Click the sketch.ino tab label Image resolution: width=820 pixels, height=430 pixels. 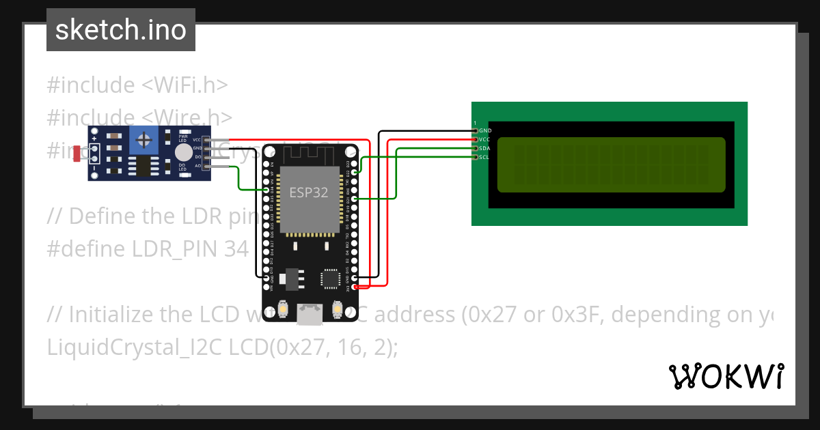click(121, 30)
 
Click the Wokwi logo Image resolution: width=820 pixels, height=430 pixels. click(726, 376)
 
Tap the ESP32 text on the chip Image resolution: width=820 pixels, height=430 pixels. click(309, 192)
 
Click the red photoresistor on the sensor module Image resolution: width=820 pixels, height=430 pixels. click(77, 154)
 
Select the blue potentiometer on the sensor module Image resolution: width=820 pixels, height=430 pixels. click(143, 141)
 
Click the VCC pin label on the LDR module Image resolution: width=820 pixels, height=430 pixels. click(197, 140)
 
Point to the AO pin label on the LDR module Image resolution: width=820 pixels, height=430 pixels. click(197, 165)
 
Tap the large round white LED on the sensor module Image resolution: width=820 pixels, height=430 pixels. click(182, 152)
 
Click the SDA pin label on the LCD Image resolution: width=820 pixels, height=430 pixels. click(484, 148)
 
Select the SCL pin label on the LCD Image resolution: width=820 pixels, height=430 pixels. click(484, 157)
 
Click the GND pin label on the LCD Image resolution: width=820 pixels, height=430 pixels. click(485, 130)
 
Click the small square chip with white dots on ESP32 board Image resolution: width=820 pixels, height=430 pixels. click(331, 278)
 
